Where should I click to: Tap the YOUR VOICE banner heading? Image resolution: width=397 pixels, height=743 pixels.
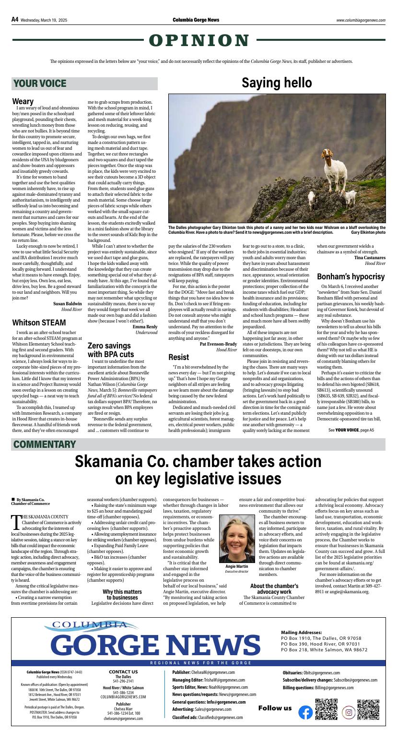tap(40, 84)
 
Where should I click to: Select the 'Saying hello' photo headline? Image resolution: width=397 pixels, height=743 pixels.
tap(277, 83)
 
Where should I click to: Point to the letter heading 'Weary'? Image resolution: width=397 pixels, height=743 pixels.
tap(23, 101)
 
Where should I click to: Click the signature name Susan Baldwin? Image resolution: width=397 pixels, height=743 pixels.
tap(67, 304)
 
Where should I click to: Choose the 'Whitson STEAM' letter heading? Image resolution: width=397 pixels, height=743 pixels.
tap(39, 322)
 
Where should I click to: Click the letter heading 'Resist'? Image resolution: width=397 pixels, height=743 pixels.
tap(179, 357)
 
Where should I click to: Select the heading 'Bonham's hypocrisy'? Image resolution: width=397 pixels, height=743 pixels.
tap(350, 277)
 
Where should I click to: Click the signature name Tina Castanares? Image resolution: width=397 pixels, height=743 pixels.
tap(370, 258)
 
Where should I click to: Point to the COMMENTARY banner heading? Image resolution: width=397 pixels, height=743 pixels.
tap(45, 444)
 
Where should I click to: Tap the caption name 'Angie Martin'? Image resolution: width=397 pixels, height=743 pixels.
tap(237, 566)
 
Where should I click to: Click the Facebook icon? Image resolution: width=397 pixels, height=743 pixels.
tap(305, 713)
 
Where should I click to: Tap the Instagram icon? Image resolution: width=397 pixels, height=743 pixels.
tap(349, 713)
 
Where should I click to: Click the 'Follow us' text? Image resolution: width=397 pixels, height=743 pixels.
tap(275, 708)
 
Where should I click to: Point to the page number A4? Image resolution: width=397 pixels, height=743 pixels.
tap(15, 20)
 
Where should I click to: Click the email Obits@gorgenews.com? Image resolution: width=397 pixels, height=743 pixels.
tap(321, 673)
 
